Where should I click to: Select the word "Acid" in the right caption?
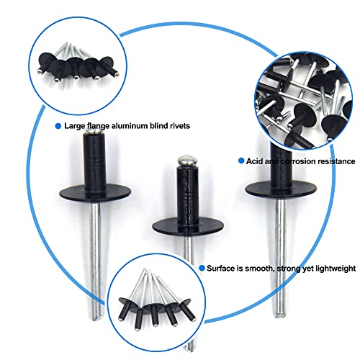pyautogui.click(x=252, y=160)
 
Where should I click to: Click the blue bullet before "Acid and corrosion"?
pyautogui.click(x=238, y=160)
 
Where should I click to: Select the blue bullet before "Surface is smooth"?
pyautogui.click(x=201, y=268)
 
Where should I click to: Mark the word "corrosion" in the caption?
pyautogui.click(x=292, y=160)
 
